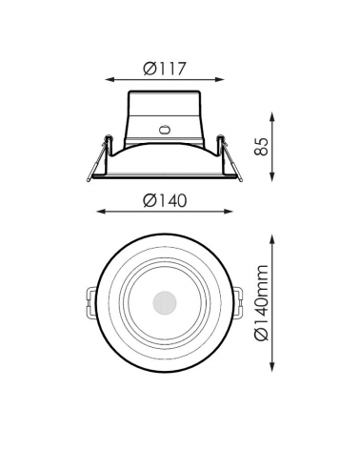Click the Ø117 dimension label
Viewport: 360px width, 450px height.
[164, 69]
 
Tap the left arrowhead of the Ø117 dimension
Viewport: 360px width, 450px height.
[107, 81]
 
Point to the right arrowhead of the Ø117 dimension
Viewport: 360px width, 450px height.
[221, 81]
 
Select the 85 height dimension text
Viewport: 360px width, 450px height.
[264, 147]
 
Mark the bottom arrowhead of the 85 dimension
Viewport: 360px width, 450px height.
[275, 177]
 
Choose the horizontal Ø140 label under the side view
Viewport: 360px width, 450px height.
[164, 200]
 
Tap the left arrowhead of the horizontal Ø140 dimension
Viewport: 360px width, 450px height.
[99, 212]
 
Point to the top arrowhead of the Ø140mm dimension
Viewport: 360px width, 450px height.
[275, 235]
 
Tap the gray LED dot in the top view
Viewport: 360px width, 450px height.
[160, 303]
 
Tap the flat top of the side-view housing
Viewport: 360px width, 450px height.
[163, 92]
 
